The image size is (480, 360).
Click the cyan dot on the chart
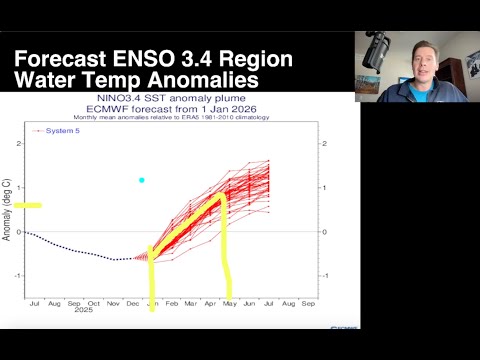click(x=142, y=180)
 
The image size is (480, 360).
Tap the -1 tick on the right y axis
click(x=321, y=275)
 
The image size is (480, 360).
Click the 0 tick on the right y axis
click(x=321, y=231)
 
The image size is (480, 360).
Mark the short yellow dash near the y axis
click(x=27, y=205)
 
